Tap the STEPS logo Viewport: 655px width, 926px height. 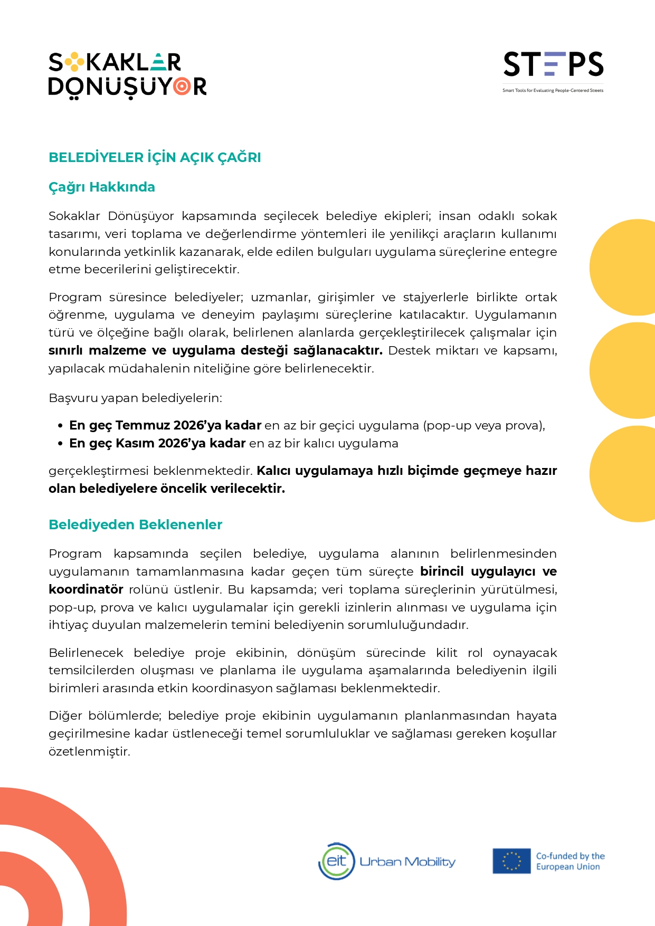coord(553,64)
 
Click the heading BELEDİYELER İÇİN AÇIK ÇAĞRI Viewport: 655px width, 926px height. coord(155,157)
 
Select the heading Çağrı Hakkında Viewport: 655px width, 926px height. coord(102,187)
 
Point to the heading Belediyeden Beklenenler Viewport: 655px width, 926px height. coord(135,524)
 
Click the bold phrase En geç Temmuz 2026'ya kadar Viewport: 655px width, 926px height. coord(165,425)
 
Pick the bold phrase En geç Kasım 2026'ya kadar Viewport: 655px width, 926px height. coord(157,443)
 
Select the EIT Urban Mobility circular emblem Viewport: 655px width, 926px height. coord(336,861)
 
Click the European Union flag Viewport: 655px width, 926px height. coord(511,861)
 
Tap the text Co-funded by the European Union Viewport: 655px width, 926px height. coord(569,861)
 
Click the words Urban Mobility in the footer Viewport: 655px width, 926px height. coord(407,862)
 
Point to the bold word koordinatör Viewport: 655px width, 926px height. coord(86,589)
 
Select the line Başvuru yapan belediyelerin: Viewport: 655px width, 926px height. coord(135,398)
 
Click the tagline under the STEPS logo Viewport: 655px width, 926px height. coord(553,91)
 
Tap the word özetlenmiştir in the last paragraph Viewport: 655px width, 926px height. coord(89,751)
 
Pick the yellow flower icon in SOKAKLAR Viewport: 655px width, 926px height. coord(74,62)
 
